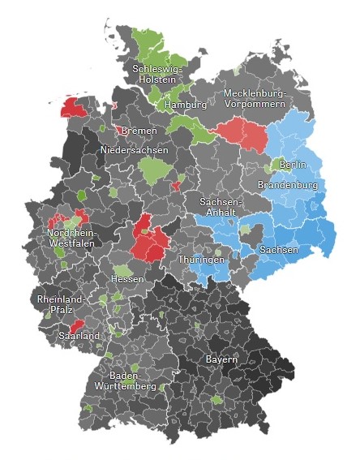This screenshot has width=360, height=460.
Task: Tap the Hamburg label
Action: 186,105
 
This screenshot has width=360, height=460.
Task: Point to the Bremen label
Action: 139,130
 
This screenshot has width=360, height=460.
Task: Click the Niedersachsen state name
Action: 135,151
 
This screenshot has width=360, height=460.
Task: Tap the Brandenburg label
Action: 287,186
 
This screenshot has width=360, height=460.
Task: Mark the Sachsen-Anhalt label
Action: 221,206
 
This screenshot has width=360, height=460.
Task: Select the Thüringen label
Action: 201,260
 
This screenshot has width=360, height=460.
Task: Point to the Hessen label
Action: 128,279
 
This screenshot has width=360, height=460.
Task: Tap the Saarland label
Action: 79,336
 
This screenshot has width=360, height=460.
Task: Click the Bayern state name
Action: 221,359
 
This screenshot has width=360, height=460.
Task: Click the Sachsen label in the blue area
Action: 279,251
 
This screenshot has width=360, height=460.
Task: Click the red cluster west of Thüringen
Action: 149,239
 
